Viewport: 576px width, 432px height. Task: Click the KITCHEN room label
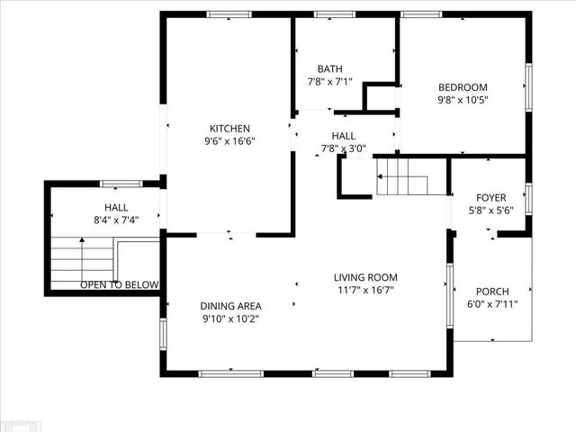coord(229,129)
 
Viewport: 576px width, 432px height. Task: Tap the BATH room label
coord(329,69)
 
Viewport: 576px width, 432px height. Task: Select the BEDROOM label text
coord(463,87)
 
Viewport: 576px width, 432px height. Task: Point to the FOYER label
coord(491,197)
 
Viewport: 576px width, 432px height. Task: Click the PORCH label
coord(492,292)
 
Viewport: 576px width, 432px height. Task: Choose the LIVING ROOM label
coord(364,277)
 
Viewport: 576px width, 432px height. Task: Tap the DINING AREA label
coord(230,306)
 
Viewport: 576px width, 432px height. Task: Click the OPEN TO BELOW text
coord(119,285)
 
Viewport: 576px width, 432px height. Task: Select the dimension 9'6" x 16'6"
coord(229,141)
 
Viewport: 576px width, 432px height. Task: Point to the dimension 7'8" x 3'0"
coord(337,148)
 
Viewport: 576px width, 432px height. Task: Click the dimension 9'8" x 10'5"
coord(463,100)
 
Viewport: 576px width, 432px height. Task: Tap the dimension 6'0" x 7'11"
coord(492,304)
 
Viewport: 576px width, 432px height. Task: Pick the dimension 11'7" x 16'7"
coord(364,290)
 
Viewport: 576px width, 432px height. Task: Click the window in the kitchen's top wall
coord(229,14)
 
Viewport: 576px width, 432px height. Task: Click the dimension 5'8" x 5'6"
coord(491,210)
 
